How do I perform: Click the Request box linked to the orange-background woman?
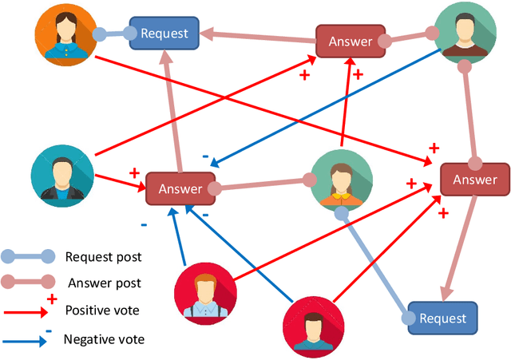(x=164, y=33)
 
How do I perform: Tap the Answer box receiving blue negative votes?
(x=180, y=188)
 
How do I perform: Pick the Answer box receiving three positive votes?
(x=474, y=180)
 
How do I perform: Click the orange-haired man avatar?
(x=204, y=291)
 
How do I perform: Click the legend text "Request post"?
(x=103, y=257)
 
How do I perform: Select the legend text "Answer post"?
(x=105, y=283)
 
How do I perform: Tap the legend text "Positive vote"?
(x=104, y=310)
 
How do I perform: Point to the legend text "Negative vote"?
(x=105, y=339)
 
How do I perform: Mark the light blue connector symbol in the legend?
(x=29, y=257)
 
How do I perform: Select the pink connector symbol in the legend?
(x=29, y=282)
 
